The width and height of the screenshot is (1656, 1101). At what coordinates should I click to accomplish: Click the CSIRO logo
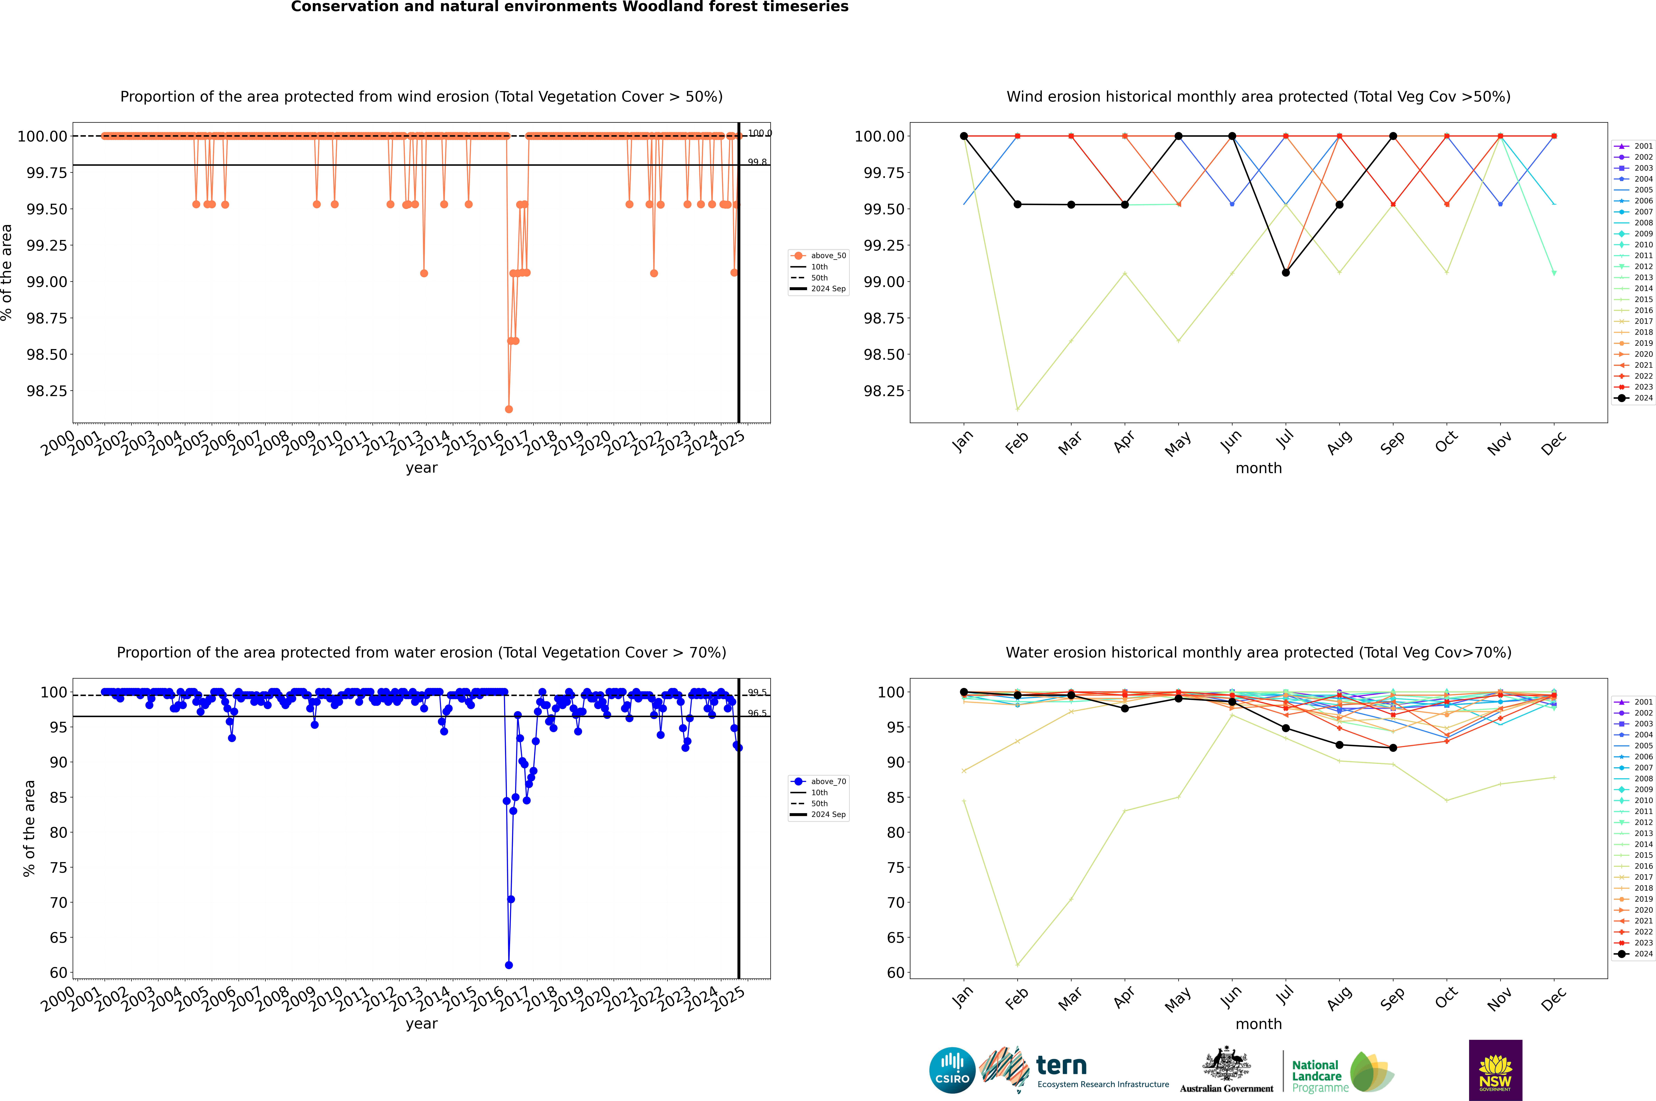[952, 1070]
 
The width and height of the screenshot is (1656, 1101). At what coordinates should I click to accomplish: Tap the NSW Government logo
[1495, 1070]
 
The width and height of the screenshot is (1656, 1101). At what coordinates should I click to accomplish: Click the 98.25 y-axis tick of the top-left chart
[47, 391]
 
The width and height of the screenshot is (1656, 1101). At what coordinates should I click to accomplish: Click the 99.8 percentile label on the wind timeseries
[757, 162]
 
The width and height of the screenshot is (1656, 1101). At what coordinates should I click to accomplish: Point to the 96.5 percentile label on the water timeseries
[757, 713]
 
